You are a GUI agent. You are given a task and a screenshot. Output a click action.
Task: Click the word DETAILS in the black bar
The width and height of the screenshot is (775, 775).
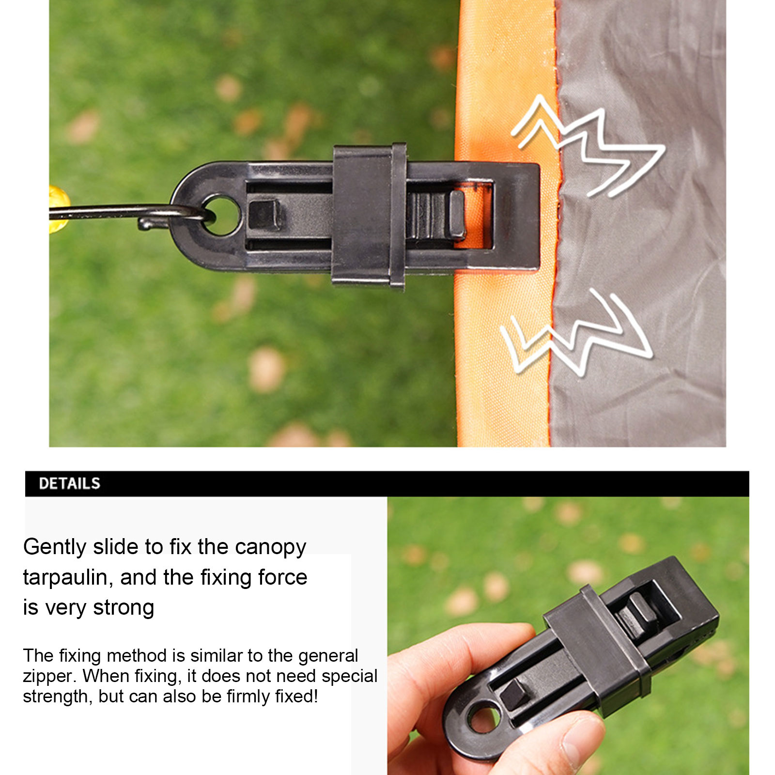click(x=69, y=483)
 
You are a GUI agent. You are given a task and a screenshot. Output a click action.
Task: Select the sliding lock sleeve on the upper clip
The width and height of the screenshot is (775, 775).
click(x=369, y=216)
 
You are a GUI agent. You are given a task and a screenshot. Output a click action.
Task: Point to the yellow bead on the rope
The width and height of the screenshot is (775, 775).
click(x=59, y=210)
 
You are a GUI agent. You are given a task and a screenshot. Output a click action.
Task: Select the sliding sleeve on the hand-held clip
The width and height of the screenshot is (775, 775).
click(x=598, y=649)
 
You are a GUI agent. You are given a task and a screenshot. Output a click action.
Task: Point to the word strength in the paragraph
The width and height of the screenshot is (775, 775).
click(x=58, y=697)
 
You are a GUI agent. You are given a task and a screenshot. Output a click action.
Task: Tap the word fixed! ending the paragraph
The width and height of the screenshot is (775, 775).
click(x=296, y=696)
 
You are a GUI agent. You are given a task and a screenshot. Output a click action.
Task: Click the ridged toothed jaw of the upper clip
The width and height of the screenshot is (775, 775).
click(x=435, y=215)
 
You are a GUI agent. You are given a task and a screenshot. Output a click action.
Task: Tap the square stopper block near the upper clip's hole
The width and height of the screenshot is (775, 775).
click(x=264, y=215)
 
